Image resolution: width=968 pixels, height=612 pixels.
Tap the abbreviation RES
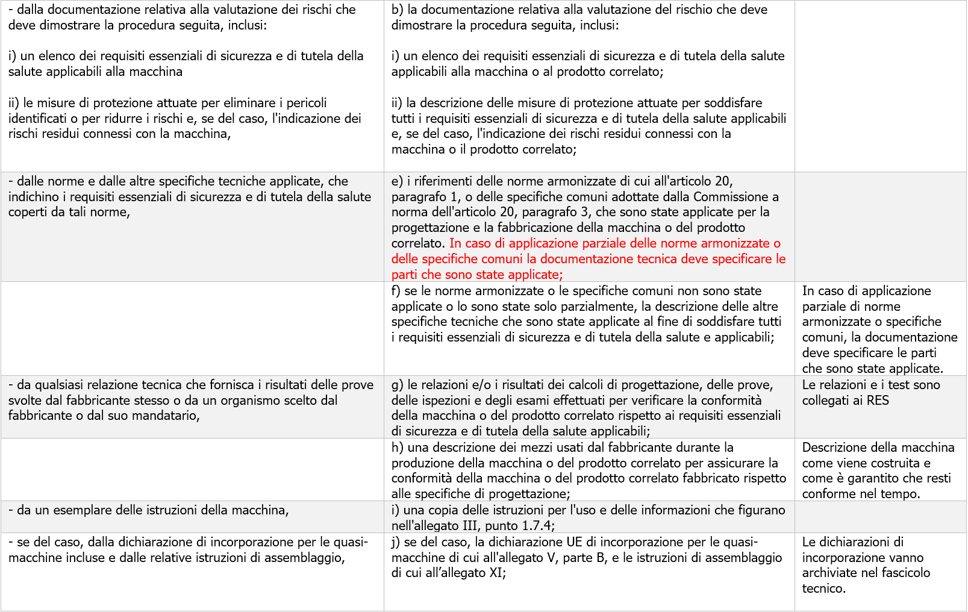878,401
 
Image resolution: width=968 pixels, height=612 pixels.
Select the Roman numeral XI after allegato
495,573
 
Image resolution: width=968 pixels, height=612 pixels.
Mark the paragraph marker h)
398,448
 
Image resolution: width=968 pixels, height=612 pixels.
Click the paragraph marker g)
398,385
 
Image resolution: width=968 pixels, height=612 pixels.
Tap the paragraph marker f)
396,291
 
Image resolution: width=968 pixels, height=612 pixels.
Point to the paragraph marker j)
396,542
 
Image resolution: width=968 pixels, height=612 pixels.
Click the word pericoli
307,103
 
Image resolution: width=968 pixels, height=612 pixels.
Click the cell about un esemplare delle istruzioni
148,510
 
